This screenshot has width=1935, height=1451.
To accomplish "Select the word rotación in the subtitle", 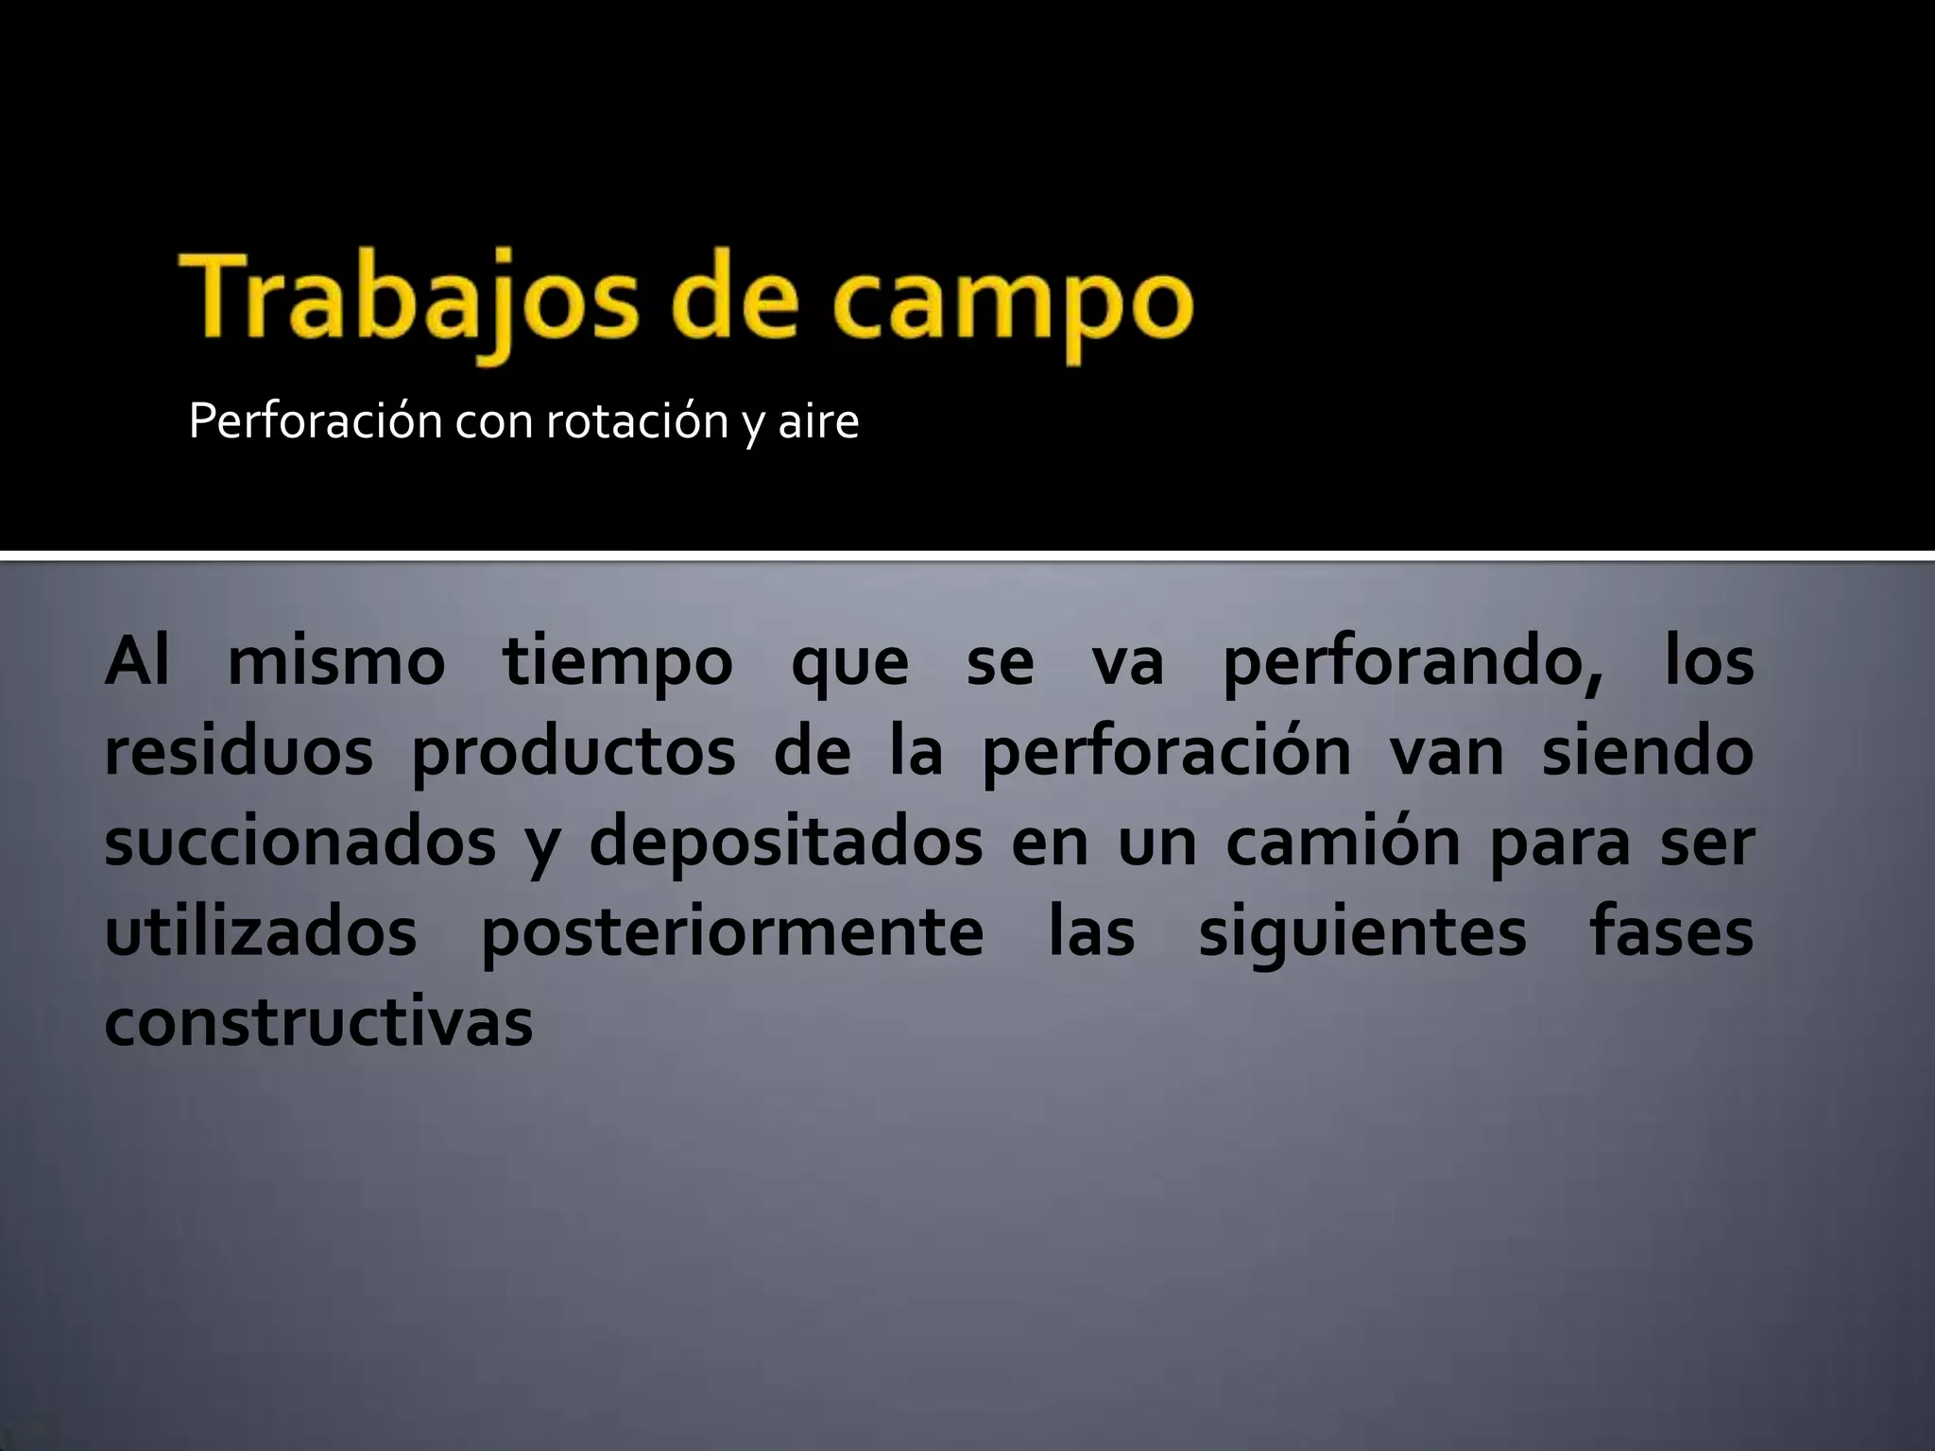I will click(x=638, y=420).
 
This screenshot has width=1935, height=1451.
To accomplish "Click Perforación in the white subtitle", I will click(x=316, y=420).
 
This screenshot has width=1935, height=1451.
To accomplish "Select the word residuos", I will click(x=239, y=752).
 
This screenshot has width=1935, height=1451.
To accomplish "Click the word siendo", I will click(x=1647, y=752).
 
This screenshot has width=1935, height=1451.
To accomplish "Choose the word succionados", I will click(x=300, y=843).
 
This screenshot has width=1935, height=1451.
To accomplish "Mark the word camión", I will click(x=1344, y=843).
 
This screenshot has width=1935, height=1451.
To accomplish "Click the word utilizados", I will click(x=261, y=932).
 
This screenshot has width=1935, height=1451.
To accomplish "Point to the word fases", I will click(x=1671, y=932).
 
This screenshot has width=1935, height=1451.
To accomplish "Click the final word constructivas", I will click(x=319, y=1022).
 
